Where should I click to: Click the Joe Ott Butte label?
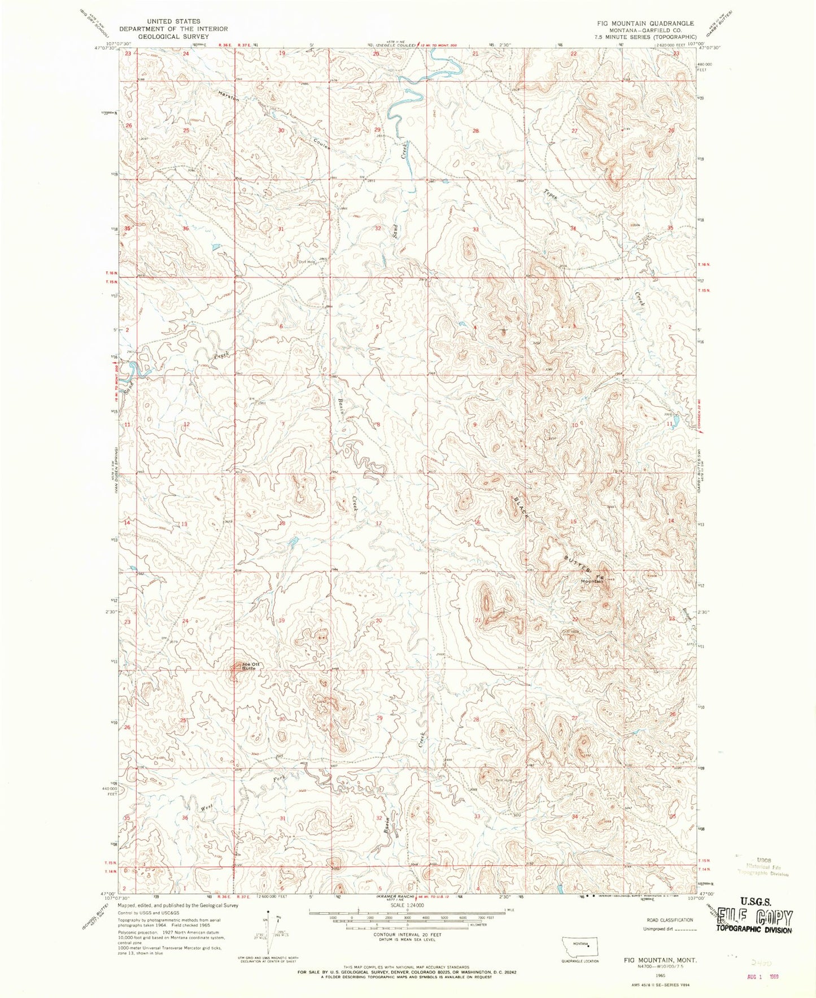tap(248, 665)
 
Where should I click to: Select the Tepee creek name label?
tap(551, 194)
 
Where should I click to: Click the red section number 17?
tap(379, 524)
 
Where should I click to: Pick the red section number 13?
tap(184, 524)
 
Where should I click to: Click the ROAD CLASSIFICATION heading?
tap(669, 920)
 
